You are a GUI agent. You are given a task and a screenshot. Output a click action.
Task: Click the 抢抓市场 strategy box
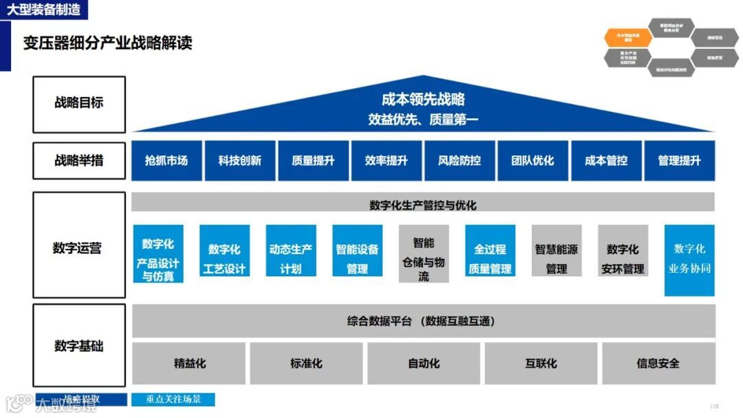tap(166, 161)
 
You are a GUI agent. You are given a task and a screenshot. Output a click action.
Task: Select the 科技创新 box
tap(240, 161)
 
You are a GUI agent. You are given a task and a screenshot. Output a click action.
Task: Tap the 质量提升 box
tap(313, 161)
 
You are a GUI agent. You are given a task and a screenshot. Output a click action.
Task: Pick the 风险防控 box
tap(460, 161)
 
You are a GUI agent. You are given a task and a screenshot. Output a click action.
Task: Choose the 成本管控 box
tap(606, 161)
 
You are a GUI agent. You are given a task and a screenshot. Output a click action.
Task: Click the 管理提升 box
tap(679, 161)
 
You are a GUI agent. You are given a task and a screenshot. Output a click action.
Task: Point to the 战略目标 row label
tap(79, 104)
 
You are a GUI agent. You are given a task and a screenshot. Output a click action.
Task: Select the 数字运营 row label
tap(79, 248)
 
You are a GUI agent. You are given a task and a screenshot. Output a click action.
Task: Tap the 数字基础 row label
tap(79, 346)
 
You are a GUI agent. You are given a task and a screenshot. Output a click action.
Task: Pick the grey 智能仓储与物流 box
tap(424, 254)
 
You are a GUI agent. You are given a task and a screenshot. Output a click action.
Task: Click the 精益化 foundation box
tap(189, 363)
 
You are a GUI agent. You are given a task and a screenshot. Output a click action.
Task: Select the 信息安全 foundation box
tap(658, 363)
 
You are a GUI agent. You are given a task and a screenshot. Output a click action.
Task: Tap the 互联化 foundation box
tap(541, 363)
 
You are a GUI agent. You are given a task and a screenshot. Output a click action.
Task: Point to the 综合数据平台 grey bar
tap(423, 321)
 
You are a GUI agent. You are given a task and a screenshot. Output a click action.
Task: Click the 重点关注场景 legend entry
tap(173, 399)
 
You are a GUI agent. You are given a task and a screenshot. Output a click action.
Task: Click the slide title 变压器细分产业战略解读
tap(108, 43)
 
